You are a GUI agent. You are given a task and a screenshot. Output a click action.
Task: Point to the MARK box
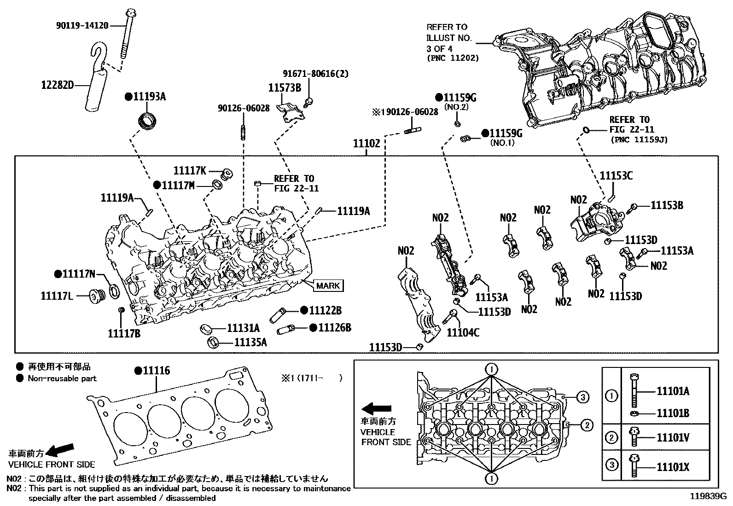point(328,285)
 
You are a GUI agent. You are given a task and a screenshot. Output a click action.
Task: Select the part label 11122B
point(325,310)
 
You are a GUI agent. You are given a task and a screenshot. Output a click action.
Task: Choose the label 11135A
point(250,342)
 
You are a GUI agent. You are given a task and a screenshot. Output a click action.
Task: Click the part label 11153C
point(616,175)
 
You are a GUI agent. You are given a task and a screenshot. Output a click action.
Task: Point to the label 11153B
point(667,205)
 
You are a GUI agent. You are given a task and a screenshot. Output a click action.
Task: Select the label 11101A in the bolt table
point(673,391)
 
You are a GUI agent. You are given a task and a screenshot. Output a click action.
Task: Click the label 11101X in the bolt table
point(673,467)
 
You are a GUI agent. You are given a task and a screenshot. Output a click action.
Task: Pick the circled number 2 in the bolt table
point(611,437)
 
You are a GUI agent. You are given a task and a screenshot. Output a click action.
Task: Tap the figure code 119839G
point(708,496)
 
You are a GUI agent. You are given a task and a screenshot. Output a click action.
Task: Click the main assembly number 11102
point(366,144)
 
